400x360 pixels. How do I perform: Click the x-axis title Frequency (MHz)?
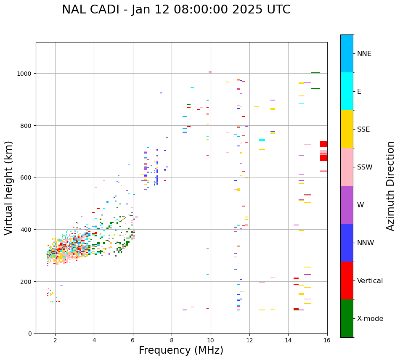[x=181, y=350]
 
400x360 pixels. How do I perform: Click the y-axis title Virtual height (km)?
[x=9, y=188]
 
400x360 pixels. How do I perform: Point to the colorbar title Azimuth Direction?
[x=391, y=186]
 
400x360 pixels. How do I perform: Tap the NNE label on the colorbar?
[x=364, y=53]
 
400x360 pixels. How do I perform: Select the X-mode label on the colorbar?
[x=370, y=319]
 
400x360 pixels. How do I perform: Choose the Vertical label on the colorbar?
[x=370, y=281]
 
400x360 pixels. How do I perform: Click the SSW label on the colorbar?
[x=365, y=167]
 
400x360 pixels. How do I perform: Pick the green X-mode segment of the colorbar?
[x=347, y=318]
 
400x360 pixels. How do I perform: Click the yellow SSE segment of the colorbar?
[x=347, y=129]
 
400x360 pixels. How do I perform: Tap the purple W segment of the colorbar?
[x=347, y=205]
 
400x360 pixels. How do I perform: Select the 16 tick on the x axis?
[x=327, y=340]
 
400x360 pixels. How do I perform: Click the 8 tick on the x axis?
[x=172, y=340]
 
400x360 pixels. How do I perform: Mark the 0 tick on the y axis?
[x=31, y=334]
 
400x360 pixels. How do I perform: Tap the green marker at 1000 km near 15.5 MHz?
[x=315, y=73]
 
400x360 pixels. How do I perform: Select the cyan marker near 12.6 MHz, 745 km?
[x=262, y=140]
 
